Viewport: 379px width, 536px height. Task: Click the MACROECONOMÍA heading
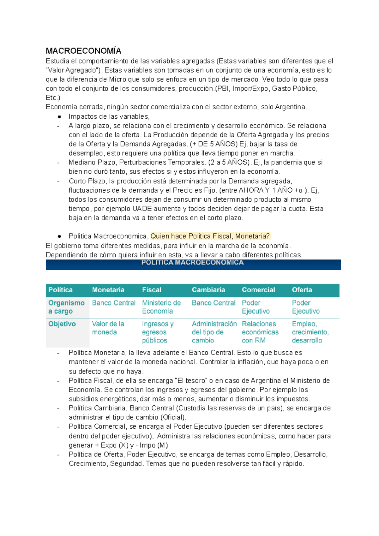(x=83, y=51)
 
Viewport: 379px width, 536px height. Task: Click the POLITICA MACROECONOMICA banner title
(x=192, y=263)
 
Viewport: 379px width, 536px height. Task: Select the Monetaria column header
(x=108, y=290)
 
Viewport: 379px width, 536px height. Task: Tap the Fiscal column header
(x=152, y=290)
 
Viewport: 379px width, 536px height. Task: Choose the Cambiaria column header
(x=208, y=290)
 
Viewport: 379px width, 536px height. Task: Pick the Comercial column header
(x=258, y=290)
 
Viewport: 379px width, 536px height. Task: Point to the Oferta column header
(x=302, y=290)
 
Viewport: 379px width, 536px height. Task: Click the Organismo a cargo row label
(x=66, y=307)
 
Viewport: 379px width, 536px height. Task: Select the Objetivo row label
(x=62, y=324)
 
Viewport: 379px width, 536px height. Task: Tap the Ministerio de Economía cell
(x=161, y=307)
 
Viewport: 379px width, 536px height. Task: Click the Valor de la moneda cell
(x=108, y=328)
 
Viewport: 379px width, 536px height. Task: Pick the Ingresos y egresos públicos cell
(x=158, y=332)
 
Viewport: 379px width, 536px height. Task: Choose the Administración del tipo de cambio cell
(x=214, y=332)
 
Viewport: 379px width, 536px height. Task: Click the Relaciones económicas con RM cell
(x=260, y=332)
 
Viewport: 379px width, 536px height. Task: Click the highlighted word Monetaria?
(x=252, y=236)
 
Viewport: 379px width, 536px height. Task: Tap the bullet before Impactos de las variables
(x=59, y=117)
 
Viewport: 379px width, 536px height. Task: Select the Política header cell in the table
(x=60, y=290)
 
